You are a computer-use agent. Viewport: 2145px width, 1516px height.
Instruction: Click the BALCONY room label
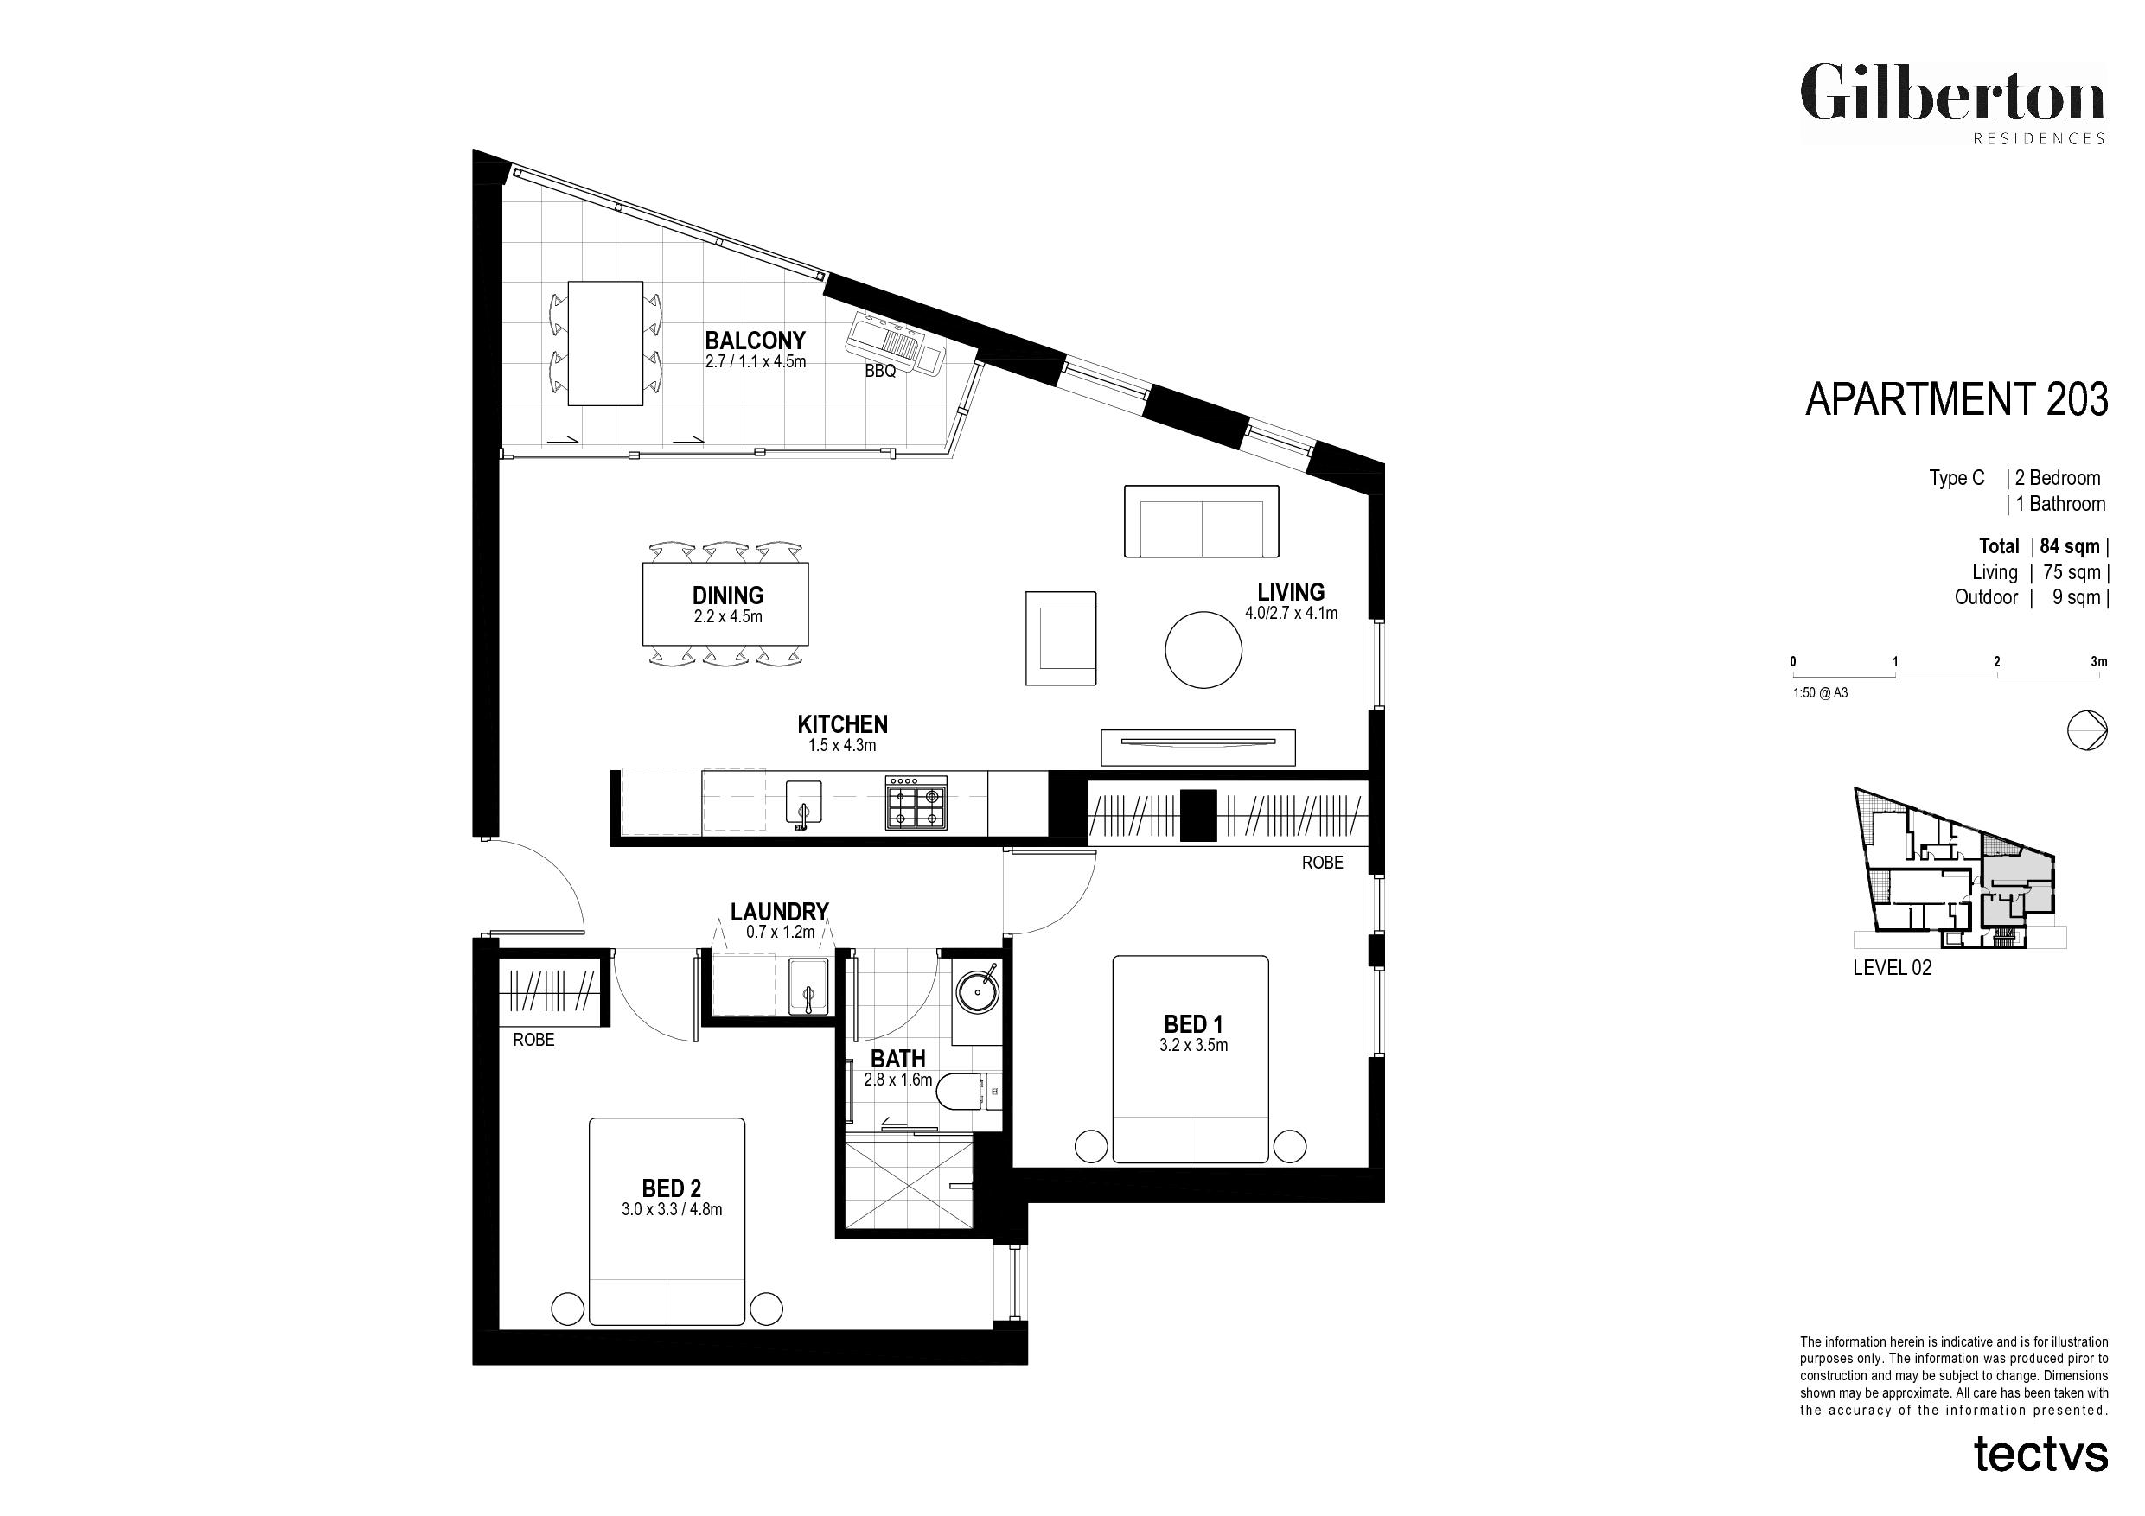[755, 340]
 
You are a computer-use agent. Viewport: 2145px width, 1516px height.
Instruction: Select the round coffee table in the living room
[1203, 650]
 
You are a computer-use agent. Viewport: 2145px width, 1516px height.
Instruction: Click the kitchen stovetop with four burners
[916, 802]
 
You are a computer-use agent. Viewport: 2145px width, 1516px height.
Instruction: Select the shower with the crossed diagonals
[908, 1182]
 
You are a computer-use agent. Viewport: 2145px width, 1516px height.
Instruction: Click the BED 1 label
[1193, 1025]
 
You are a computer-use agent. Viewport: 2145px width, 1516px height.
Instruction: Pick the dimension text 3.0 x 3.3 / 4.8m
[672, 1210]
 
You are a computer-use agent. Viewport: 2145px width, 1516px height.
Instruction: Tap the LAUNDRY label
[779, 911]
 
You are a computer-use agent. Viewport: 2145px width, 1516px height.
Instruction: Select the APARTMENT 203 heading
[1957, 398]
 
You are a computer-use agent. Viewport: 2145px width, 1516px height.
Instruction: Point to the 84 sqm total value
[2069, 546]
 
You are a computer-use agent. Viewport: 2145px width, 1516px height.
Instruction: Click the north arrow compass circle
[2087, 730]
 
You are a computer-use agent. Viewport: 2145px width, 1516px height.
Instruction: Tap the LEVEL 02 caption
[1892, 968]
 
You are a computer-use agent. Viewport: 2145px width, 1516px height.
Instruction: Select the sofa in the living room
[1201, 521]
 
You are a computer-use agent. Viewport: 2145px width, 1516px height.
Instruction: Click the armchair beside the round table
[1060, 639]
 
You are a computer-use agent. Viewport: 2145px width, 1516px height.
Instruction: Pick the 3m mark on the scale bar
[2099, 662]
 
